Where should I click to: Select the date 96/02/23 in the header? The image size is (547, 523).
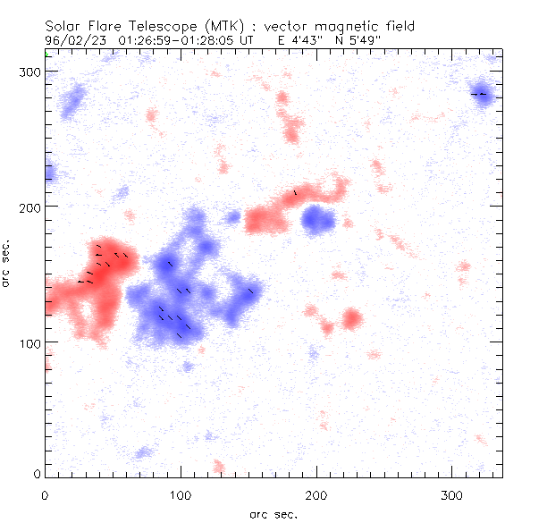coord(73,40)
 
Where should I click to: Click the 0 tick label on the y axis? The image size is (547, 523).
coord(36,473)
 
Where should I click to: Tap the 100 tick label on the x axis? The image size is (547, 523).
coord(181,494)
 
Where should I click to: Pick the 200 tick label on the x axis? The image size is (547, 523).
coord(316,494)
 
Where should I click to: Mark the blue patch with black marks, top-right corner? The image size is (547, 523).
coord(483,95)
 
